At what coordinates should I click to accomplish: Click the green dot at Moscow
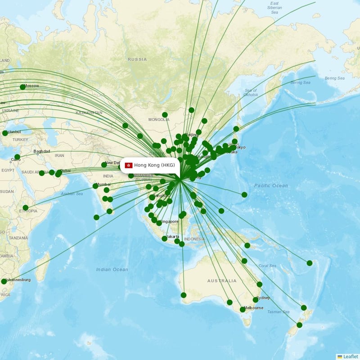[x=22, y=87]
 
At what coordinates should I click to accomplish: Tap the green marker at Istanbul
[x=5, y=133]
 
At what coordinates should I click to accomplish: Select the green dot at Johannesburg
[x=4, y=281]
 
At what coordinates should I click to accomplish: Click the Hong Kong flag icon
[x=128, y=165]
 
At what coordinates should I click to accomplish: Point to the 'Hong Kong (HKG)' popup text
[x=154, y=165]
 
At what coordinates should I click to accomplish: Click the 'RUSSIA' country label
[x=137, y=59]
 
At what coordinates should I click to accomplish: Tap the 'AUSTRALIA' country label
[x=221, y=281]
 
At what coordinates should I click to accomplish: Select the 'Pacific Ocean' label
[x=271, y=185]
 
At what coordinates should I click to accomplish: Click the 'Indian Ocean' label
[x=112, y=270]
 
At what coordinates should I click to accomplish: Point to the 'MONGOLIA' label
[x=159, y=120]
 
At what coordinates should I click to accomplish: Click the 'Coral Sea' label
[x=267, y=265]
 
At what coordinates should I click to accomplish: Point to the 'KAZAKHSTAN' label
[x=89, y=112]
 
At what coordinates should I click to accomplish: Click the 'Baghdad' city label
[x=41, y=151]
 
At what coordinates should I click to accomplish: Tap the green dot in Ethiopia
[x=26, y=208]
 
